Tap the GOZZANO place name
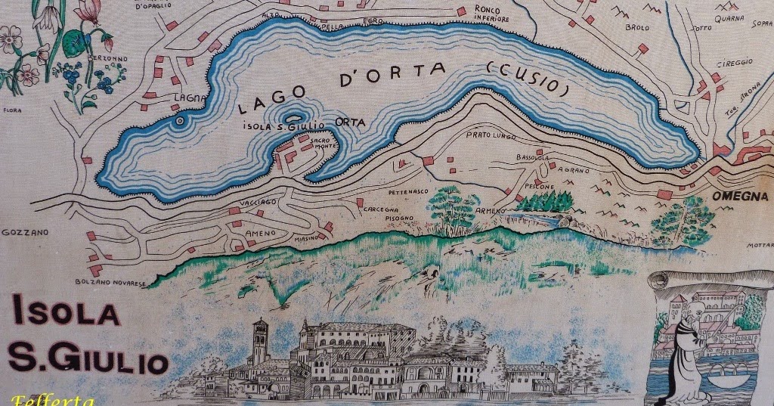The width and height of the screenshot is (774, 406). [24, 232]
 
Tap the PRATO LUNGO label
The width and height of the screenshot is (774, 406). [488, 135]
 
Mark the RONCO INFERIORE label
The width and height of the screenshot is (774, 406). [493, 14]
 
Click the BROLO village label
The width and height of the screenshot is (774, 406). [637, 27]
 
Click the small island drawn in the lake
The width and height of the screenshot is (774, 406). [180, 119]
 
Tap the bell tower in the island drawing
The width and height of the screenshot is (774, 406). [259, 342]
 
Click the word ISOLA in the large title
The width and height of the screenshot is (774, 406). [65, 311]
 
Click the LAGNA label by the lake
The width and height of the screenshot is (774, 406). [185, 98]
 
